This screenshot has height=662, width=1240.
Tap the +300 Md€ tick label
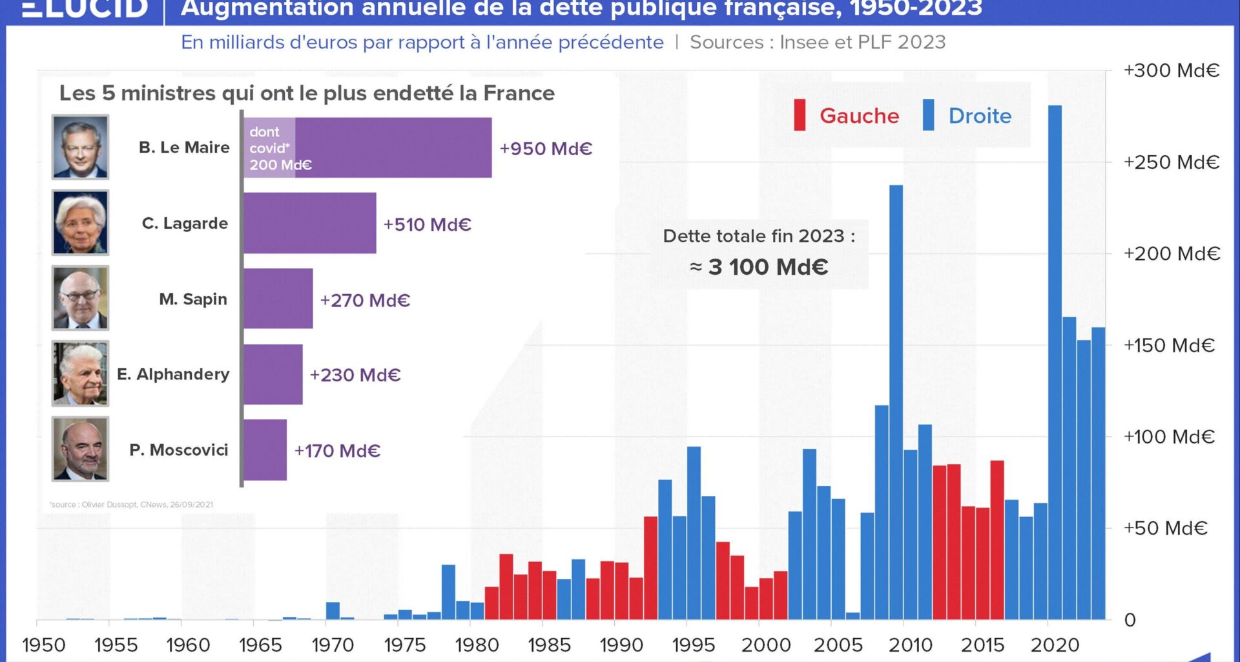pos(1171,70)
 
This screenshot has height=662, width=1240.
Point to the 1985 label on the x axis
pos(549,645)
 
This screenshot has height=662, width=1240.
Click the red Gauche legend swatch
pos(800,115)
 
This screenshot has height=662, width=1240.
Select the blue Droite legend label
pos(979,116)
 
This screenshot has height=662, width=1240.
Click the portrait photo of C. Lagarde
pos(81,222)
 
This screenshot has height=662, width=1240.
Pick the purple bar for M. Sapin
pos(278,299)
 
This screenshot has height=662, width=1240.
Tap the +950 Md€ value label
pos(546,149)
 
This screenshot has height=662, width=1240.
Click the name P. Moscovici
pos(179,450)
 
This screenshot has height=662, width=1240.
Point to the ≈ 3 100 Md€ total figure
pos(759,267)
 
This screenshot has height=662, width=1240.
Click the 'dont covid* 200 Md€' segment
pos(269,148)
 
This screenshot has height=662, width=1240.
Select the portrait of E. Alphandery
pos(81,374)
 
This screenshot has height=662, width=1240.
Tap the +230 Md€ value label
pos(355,375)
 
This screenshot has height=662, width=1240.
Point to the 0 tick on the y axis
pos(1130,620)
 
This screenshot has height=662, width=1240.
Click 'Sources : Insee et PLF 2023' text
pos(817,42)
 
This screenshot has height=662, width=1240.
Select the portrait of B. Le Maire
pos(81,147)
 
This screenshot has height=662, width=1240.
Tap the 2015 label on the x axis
pos(982,645)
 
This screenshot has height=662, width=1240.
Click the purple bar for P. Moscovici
pos(265,450)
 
